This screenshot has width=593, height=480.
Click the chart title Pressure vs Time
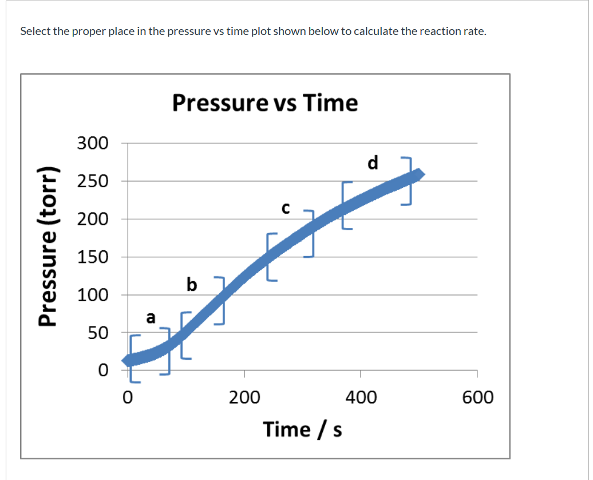(264, 104)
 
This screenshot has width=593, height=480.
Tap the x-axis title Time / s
(302, 429)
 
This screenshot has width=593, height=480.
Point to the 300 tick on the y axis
(93, 143)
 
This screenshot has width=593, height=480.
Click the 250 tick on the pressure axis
(93, 181)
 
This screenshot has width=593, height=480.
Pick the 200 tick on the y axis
(93, 219)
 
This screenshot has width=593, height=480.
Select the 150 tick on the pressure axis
(93, 257)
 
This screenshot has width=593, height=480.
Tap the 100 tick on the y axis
(93, 294)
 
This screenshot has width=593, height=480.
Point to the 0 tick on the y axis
(102, 370)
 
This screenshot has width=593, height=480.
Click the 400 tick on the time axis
(361, 397)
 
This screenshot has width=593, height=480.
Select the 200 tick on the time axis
(244, 397)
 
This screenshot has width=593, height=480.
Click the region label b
(192, 284)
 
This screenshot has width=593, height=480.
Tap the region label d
(373, 163)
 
